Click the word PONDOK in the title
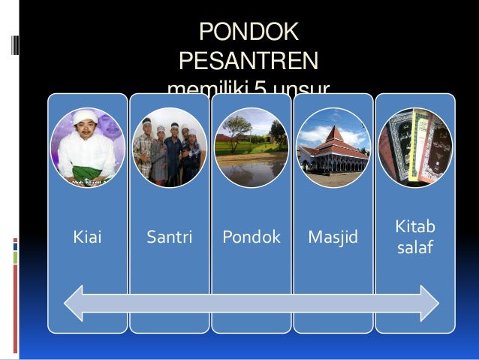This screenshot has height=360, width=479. click(x=248, y=32)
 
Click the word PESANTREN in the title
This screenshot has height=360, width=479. click(x=248, y=60)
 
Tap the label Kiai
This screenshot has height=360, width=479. click(x=86, y=238)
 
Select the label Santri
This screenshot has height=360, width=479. click(x=169, y=238)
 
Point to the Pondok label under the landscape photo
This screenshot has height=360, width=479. click(x=252, y=238)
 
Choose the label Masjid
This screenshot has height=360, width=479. click(x=333, y=238)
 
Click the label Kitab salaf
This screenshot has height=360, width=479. click(x=414, y=237)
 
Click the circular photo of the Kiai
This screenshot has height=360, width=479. click(x=87, y=147)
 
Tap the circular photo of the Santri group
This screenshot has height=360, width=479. click(x=169, y=147)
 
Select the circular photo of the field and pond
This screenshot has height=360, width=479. click(x=252, y=147)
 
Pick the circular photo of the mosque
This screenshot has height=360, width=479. click(x=333, y=147)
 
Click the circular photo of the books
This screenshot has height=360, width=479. click(x=414, y=147)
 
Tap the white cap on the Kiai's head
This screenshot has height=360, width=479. click(x=85, y=117)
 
